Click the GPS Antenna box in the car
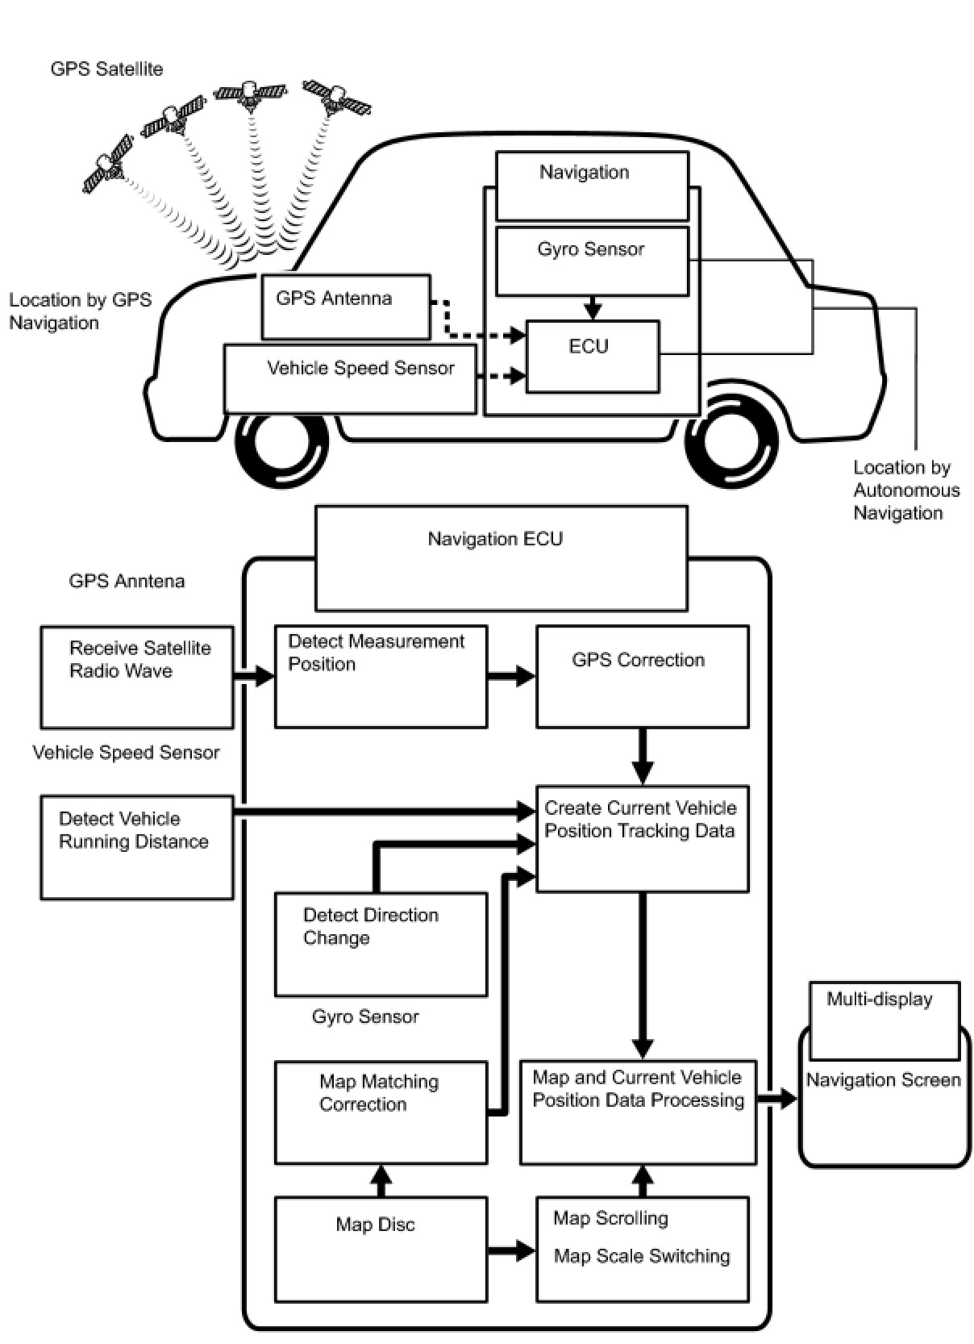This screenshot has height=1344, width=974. pyautogui.click(x=346, y=307)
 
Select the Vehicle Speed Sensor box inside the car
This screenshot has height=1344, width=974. pyautogui.click(x=350, y=379)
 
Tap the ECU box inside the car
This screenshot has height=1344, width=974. pyautogui.click(x=592, y=357)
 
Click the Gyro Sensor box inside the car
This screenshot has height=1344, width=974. pyautogui.click(x=592, y=261)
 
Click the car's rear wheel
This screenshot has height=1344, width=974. pyautogui.click(x=730, y=443)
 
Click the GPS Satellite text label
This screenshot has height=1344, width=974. pyautogui.click(x=106, y=69)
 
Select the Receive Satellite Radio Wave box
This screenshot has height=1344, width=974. pyautogui.click(x=137, y=677)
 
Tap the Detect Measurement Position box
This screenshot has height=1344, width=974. pyautogui.click(x=381, y=676)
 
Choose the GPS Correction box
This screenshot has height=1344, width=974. pyautogui.click(x=642, y=676)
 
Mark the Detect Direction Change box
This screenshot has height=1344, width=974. pyautogui.click(x=381, y=944)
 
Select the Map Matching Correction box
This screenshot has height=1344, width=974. pyautogui.click(x=381, y=1112)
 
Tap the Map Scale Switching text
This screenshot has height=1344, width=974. pyautogui.click(x=642, y=1256)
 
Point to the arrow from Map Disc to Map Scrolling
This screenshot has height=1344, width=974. pyautogui.click(x=511, y=1251)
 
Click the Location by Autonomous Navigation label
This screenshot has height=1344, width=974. pyautogui.click(x=906, y=490)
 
